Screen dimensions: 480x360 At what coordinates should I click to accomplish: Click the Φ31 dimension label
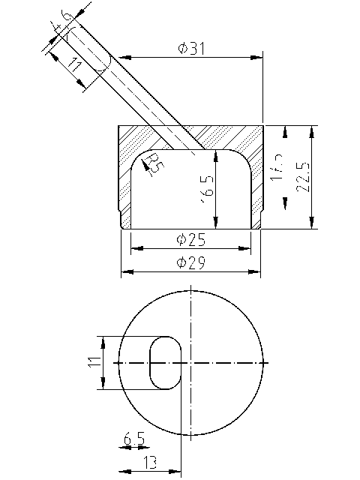(x=192, y=49)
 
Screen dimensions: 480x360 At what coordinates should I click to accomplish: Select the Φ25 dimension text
(x=191, y=240)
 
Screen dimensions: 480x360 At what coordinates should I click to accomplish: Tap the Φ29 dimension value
(x=191, y=262)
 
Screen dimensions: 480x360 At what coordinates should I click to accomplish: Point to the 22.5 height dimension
(x=302, y=177)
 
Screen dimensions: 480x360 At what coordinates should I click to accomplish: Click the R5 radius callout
(x=154, y=162)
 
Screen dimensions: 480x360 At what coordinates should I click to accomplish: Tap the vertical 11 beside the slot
(x=92, y=362)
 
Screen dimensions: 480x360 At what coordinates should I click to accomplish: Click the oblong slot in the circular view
(x=166, y=362)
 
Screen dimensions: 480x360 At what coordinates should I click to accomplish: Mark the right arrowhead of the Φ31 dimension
(x=259, y=56)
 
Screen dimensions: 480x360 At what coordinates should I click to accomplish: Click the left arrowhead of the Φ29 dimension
(x=125, y=270)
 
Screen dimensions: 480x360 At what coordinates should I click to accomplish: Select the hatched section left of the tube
(x=146, y=137)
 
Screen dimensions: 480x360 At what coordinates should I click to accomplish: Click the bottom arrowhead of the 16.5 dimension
(x=216, y=223)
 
